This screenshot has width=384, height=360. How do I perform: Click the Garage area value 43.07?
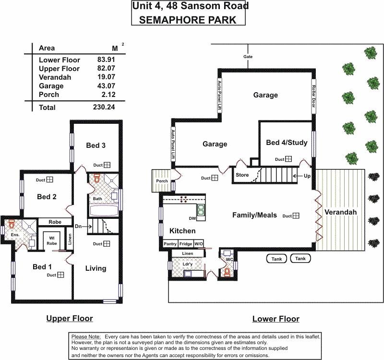[106, 86]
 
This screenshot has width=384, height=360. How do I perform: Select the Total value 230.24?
[104, 107]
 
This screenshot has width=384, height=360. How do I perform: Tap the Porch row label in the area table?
[49, 95]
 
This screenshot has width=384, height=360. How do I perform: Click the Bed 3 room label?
[96, 145]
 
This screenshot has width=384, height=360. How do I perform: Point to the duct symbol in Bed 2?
[50, 180]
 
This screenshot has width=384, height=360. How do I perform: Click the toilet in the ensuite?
[12, 224]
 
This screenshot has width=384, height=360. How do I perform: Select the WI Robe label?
[52, 240]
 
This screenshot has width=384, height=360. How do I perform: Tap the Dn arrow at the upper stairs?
[87, 227]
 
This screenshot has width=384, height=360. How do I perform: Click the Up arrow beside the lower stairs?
[298, 176]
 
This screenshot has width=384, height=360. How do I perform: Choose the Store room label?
[242, 175]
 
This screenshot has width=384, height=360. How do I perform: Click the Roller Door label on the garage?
[314, 96]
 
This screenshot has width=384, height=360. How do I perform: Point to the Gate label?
[248, 57]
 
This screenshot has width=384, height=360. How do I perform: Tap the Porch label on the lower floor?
[162, 181]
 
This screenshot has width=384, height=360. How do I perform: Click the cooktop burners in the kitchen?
[184, 199]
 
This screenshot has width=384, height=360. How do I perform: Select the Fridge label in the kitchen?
[186, 244]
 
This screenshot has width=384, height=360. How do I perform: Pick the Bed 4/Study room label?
[287, 143]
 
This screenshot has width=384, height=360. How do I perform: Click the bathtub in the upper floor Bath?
[104, 211]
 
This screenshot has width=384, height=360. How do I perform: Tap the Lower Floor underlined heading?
[276, 319]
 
